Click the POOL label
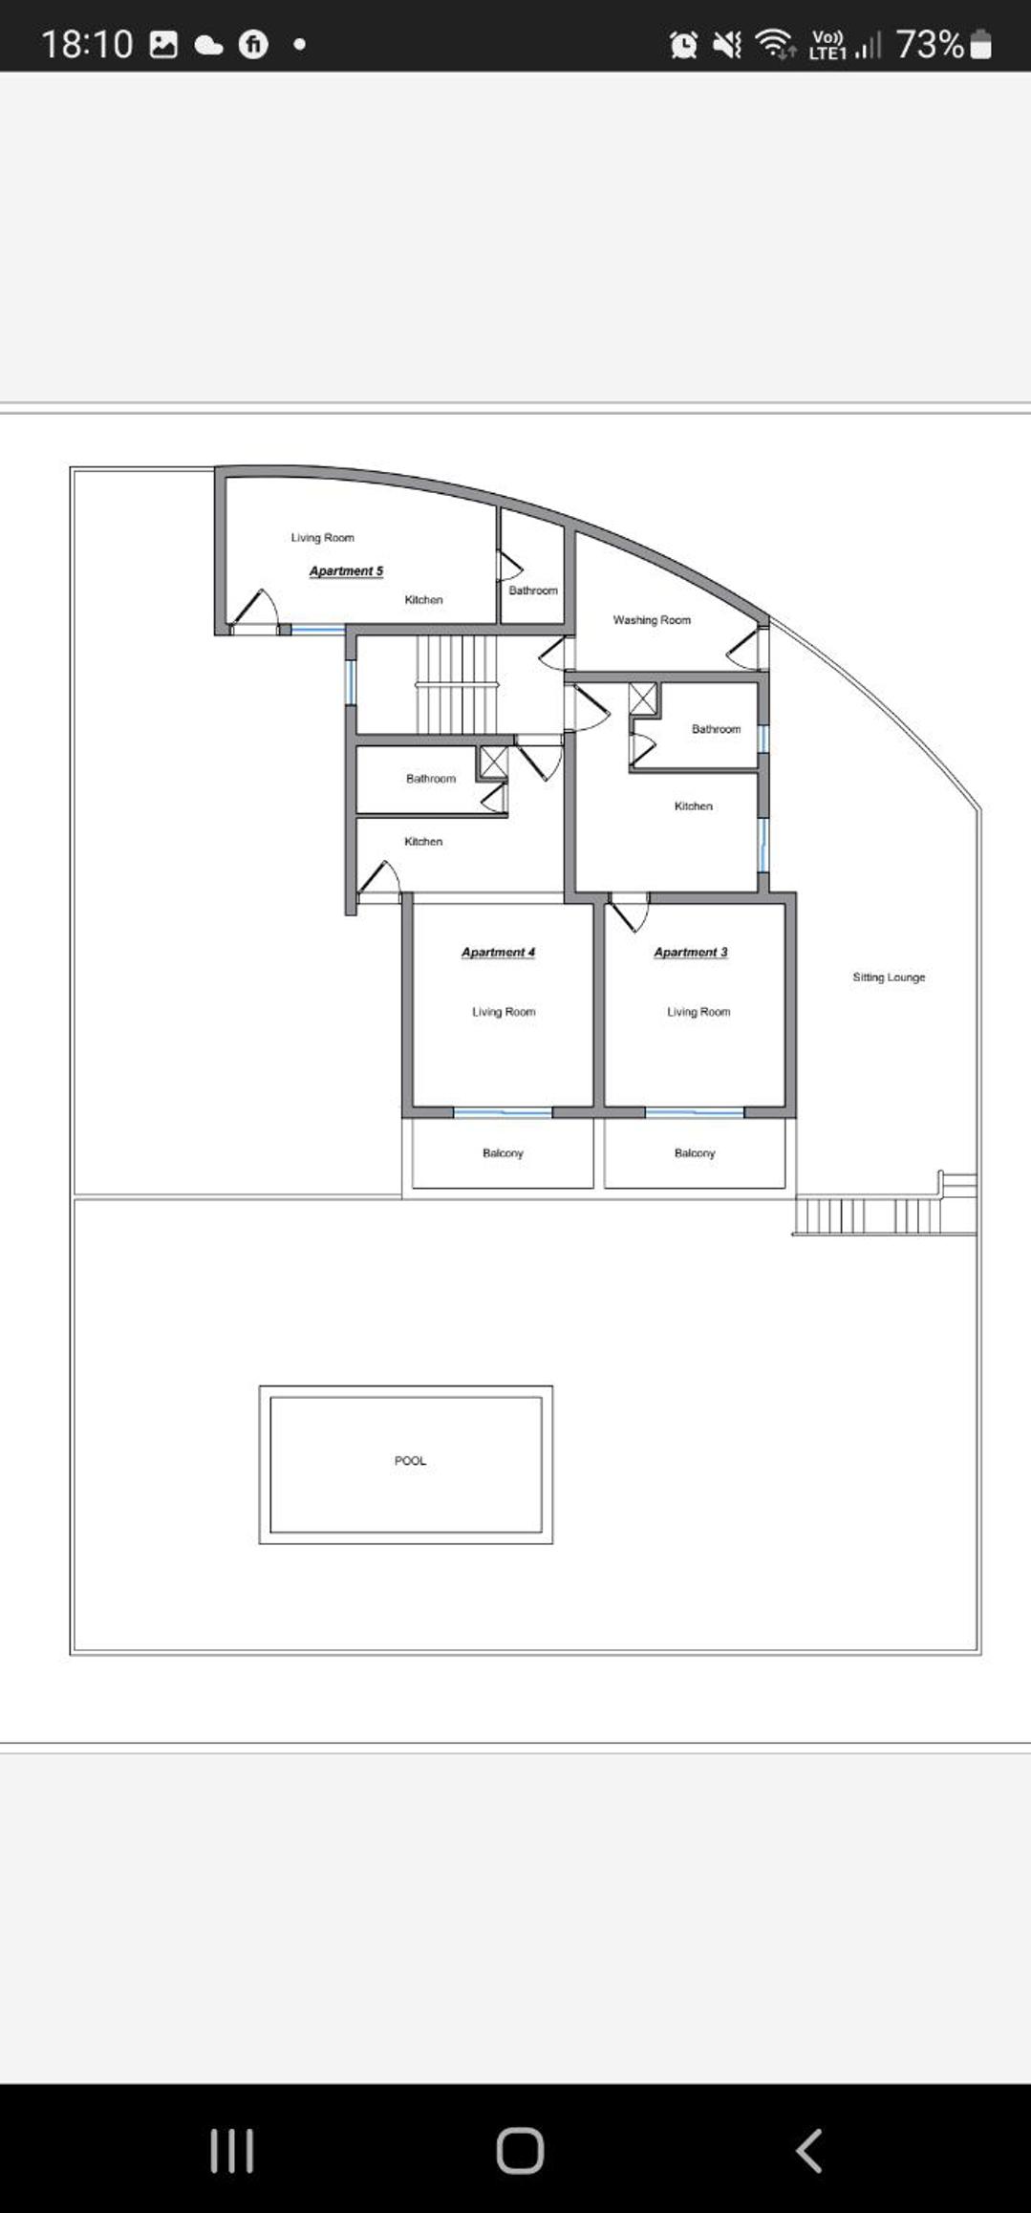pyautogui.click(x=410, y=1460)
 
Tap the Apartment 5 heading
pyautogui.click(x=346, y=570)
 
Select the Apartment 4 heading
pyautogui.click(x=498, y=952)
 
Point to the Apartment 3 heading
pyautogui.click(x=691, y=952)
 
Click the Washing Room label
pyautogui.click(x=652, y=620)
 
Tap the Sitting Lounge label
pyautogui.click(x=889, y=978)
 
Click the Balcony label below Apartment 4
pyautogui.click(x=503, y=1153)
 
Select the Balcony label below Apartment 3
pyautogui.click(x=695, y=1153)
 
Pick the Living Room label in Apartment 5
pyautogui.click(x=322, y=538)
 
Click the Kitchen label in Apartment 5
pyautogui.click(x=423, y=600)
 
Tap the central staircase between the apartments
pyautogui.click(x=457, y=684)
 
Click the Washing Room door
pyautogui.click(x=747, y=647)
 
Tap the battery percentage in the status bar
pyautogui.click(x=930, y=44)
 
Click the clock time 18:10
pyautogui.click(x=87, y=44)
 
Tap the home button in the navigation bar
pyautogui.click(x=520, y=2151)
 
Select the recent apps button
pyautogui.click(x=232, y=2151)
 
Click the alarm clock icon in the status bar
pyautogui.click(x=683, y=44)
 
